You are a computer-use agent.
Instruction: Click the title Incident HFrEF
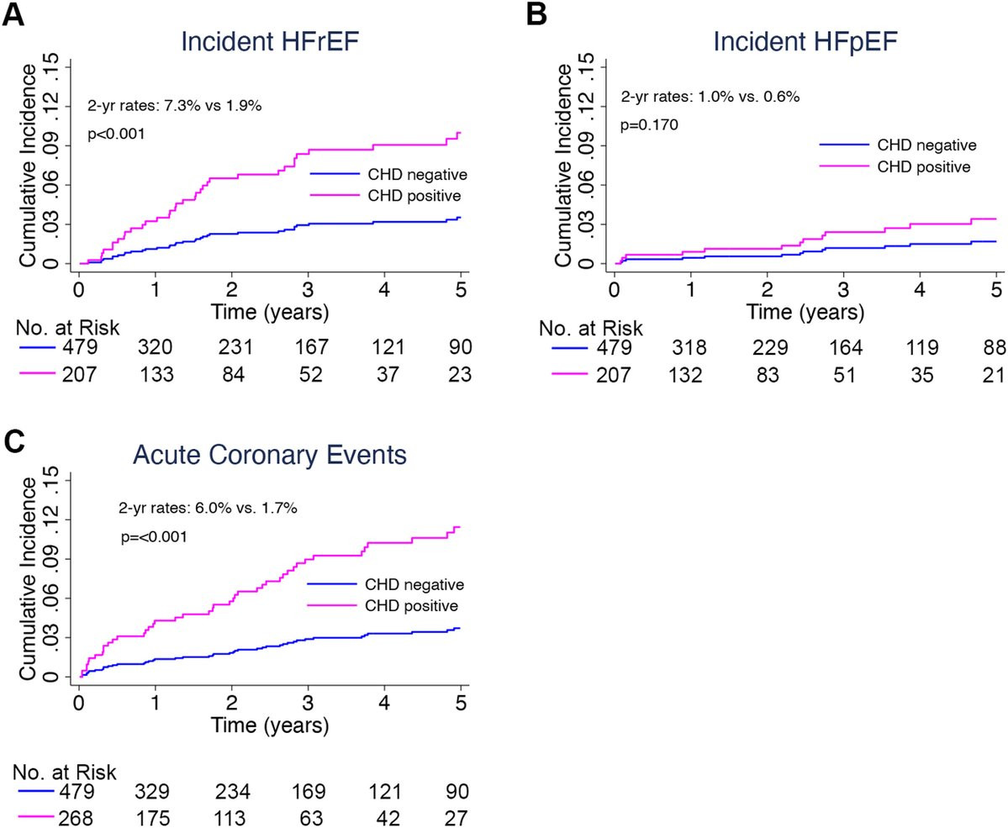[269, 41]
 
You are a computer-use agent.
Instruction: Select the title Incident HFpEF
[805, 41]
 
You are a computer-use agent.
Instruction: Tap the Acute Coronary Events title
[269, 455]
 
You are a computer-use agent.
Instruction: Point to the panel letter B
[536, 14]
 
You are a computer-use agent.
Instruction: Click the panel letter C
[14, 441]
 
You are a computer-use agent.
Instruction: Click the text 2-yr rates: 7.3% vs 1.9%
[174, 106]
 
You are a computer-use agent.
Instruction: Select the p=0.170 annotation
[649, 125]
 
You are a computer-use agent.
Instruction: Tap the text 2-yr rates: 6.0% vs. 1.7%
[208, 509]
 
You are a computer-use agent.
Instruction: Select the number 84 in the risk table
[234, 374]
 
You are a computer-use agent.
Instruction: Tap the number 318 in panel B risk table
[689, 347]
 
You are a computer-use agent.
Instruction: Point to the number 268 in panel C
[75, 818]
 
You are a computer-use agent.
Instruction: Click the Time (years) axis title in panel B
[805, 313]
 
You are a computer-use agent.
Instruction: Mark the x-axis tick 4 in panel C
[384, 702]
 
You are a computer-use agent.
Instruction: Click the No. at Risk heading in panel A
[67, 328]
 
